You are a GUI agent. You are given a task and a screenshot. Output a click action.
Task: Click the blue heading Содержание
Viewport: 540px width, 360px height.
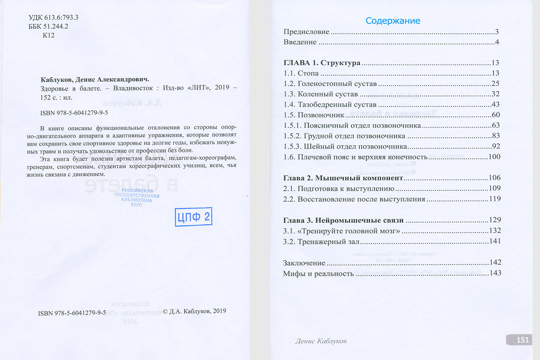(x=393, y=21)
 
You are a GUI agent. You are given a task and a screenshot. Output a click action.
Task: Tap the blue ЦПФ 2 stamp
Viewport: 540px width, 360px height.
(x=193, y=217)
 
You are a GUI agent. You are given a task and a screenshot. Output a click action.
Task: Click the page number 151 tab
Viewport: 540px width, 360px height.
(x=522, y=340)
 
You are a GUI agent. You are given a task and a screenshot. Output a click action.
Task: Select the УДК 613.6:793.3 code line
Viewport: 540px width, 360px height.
(x=54, y=18)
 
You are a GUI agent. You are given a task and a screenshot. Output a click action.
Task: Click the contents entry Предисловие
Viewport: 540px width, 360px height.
(x=306, y=32)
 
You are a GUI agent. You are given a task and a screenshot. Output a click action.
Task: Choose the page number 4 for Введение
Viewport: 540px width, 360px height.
(x=497, y=42)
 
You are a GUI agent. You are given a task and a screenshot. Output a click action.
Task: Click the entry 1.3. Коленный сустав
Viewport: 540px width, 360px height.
(x=320, y=94)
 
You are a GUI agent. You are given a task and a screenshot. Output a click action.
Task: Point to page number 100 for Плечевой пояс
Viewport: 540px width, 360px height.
(x=495, y=157)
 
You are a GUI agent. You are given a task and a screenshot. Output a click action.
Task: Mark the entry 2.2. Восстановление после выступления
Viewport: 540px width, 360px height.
(x=354, y=199)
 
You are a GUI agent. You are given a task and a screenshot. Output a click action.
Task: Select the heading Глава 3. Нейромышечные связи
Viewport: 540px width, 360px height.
(x=343, y=220)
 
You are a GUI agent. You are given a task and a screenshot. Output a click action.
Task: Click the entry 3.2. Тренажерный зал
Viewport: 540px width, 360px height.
(x=321, y=242)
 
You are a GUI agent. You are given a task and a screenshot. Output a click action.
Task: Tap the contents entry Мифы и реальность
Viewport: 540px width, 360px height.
(x=318, y=273)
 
